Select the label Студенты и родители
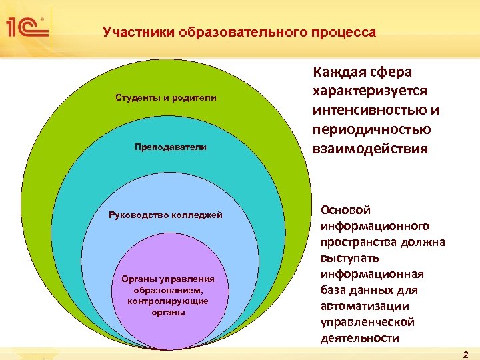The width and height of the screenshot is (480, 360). pyautogui.click(x=166, y=98)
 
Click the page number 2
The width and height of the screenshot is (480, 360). pyautogui.click(x=466, y=353)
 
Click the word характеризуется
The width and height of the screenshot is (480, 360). pyautogui.click(x=370, y=91)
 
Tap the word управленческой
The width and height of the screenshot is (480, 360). pyautogui.click(x=368, y=322)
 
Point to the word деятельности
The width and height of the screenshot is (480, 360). pyautogui.click(x=360, y=338)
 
